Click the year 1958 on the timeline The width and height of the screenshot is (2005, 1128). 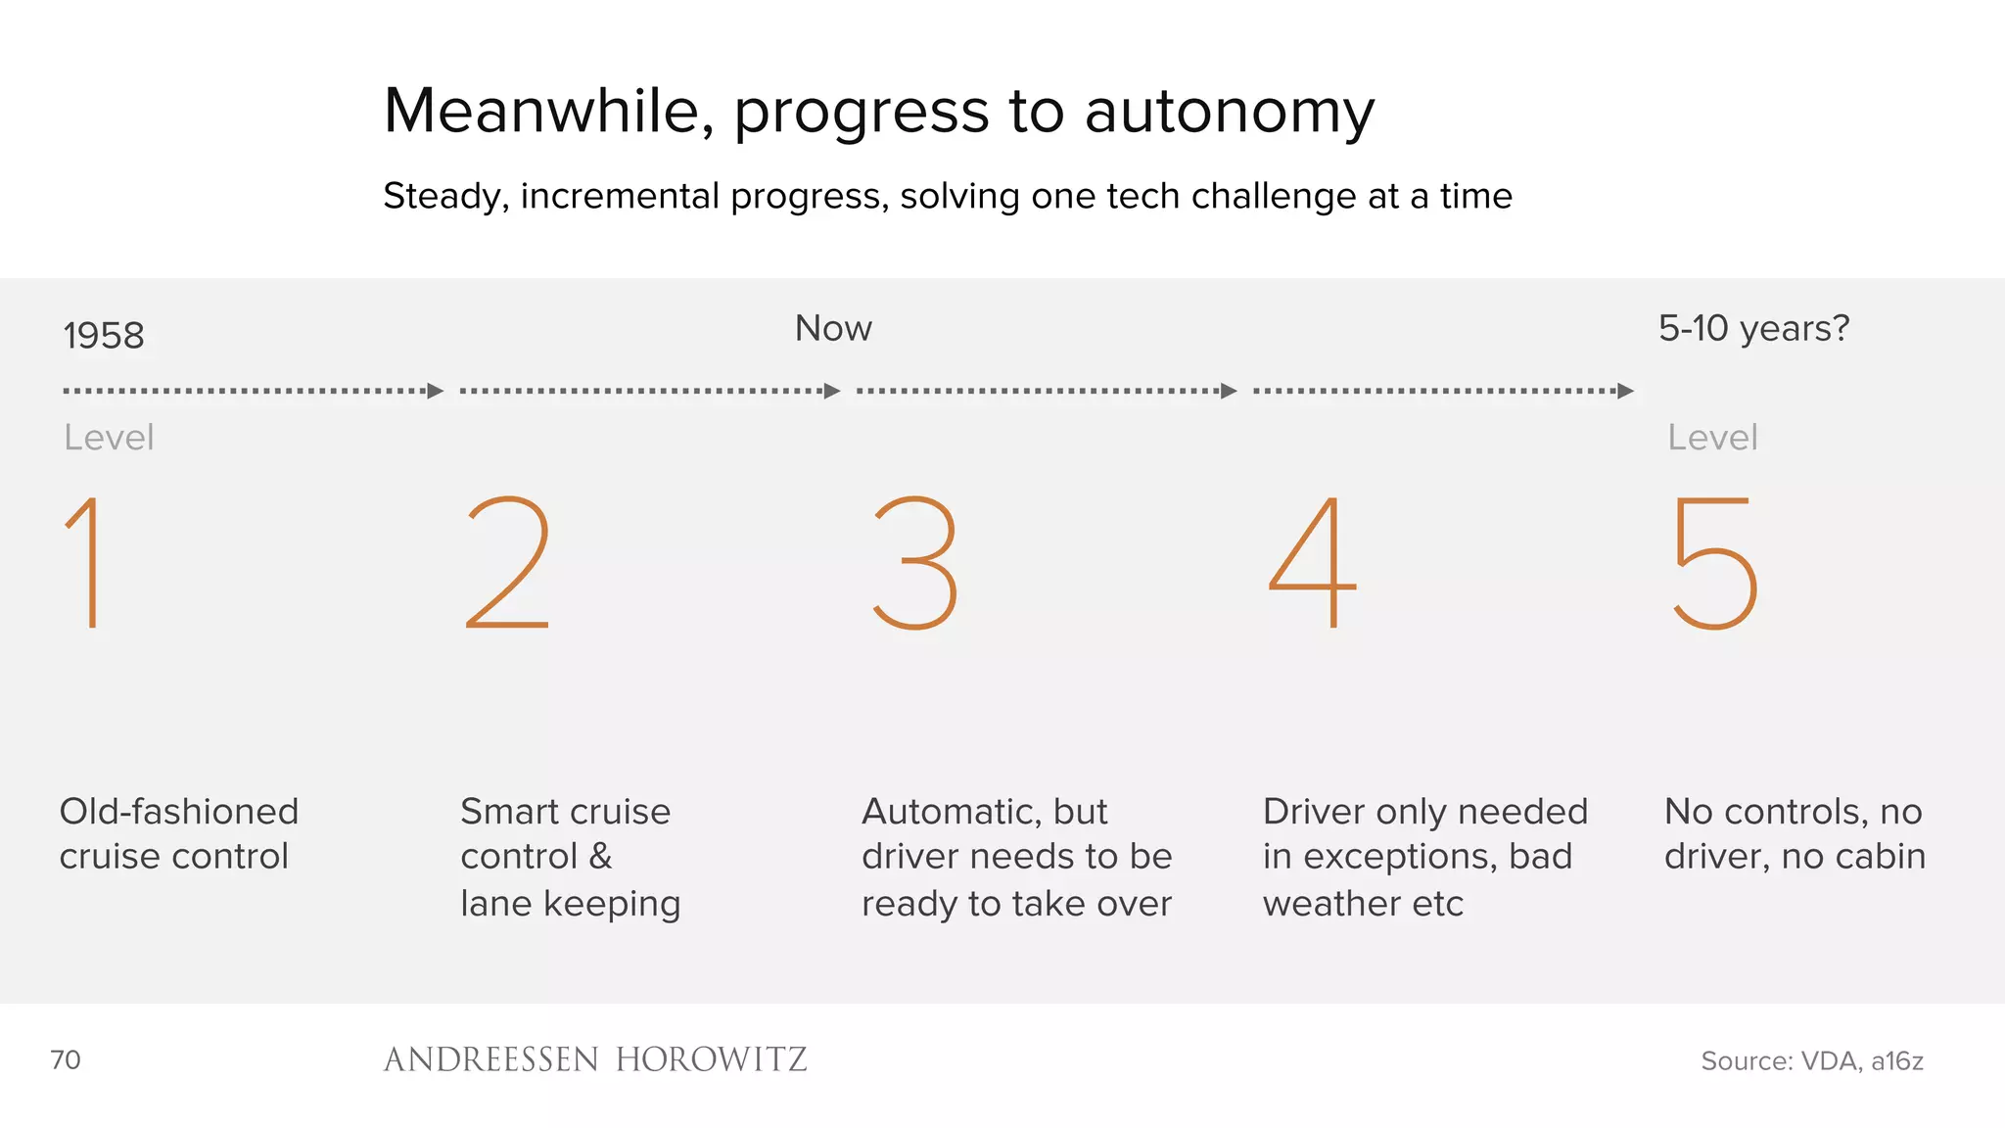pyautogui.click(x=104, y=336)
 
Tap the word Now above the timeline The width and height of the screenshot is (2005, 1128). pyautogui.click(x=833, y=329)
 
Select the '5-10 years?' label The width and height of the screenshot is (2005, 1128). pyautogui.click(x=1753, y=329)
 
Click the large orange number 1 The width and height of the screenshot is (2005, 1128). pyautogui.click(x=86, y=562)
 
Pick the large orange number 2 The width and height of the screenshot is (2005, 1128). pyautogui.click(x=508, y=562)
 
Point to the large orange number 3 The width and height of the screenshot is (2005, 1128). pyautogui.click(x=915, y=562)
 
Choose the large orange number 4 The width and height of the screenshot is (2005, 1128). pyautogui.click(x=1313, y=562)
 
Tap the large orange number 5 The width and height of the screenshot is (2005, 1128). pyautogui.click(x=1715, y=562)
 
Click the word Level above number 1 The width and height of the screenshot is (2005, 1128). pyautogui.click(x=109, y=438)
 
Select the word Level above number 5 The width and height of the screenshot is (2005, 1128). pyautogui.click(x=1712, y=438)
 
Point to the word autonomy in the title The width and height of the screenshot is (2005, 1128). pyautogui.click(x=1229, y=113)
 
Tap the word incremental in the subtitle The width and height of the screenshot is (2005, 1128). pyautogui.click(x=621, y=196)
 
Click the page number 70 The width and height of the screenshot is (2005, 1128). pyautogui.click(x=66, y=1059)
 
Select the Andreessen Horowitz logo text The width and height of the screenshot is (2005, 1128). pyautogui.click(x=595, y=1059)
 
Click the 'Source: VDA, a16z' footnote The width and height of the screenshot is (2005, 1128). pyautogui.click(x=1811, y=1060)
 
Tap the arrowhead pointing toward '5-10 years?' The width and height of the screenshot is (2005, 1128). pyautogui.click(x=1626, y=392)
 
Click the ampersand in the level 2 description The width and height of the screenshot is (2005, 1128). pyautogui.click(x=600, y=857)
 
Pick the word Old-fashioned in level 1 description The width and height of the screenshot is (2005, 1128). pyautogui.click(x=179, y=812)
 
